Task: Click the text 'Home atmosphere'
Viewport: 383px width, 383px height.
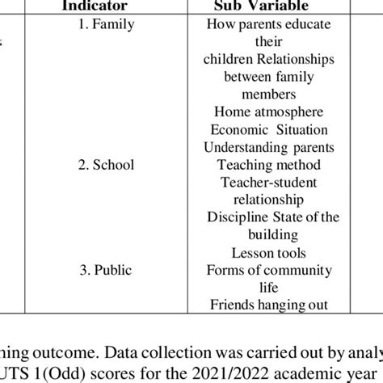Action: [268, 112]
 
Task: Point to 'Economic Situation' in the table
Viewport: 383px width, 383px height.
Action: [268, 129]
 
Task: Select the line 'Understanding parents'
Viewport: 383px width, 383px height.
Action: [268, 147]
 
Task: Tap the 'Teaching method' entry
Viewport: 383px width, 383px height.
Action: [268, 165]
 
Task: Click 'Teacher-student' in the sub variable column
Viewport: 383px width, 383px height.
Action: [268, 182]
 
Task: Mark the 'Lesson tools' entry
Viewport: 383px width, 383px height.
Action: [268, 252]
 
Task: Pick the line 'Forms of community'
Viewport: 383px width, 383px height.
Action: [268, 270]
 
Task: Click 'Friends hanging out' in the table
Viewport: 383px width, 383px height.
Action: [268, 305]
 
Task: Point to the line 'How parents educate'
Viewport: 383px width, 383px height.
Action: [268, 24]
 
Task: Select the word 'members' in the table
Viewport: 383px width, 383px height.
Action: [268, 95]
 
